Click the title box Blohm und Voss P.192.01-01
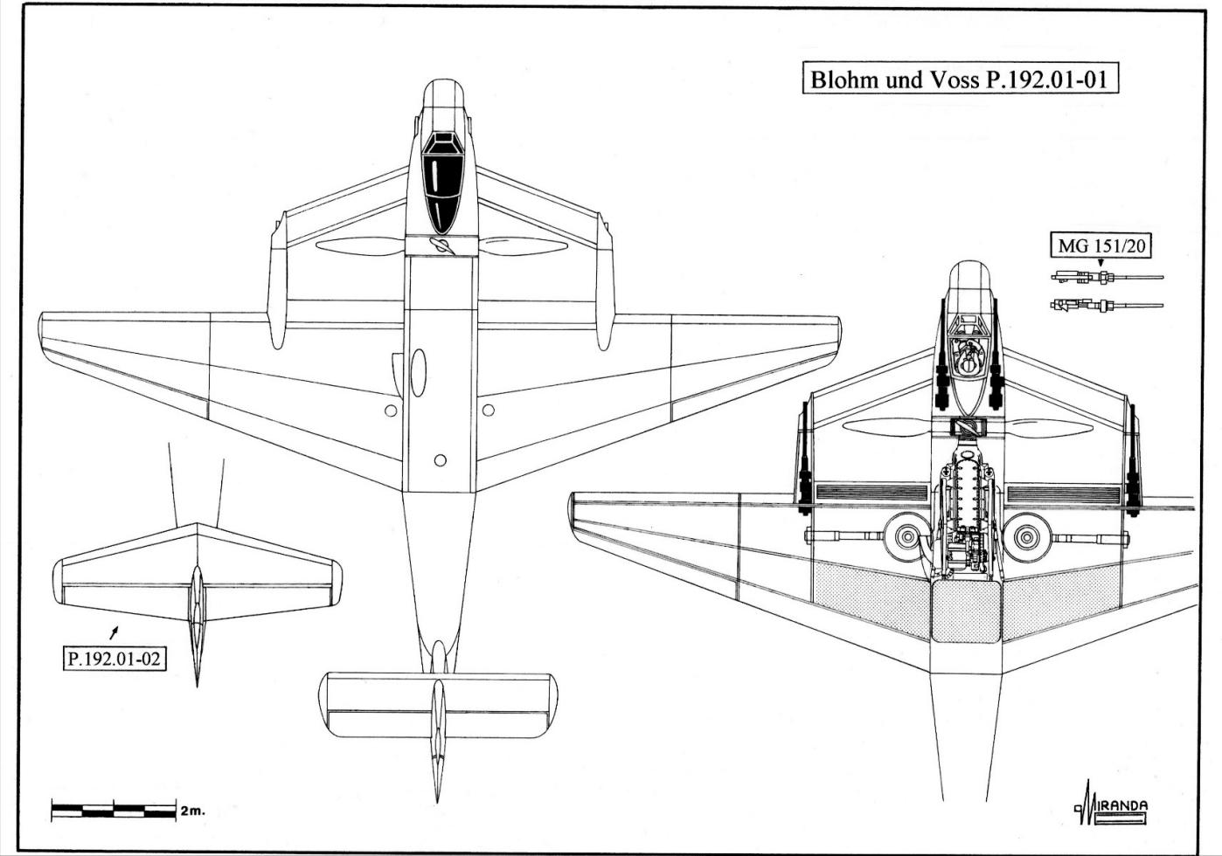point(960,79)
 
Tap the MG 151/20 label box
point(1101,246)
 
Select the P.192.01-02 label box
point(114,659)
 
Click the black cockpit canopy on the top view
point(442,183)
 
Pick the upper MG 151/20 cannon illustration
point(1107,276)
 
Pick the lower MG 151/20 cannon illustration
point(1107,305)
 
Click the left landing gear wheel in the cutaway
point(907,537)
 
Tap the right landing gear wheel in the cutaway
point(1027,537)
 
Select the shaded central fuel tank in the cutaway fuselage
point(966,611)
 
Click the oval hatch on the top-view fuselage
point(418,373)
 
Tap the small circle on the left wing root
point(391,411)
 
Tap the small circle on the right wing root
point(489,410)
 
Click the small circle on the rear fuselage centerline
point(441,460)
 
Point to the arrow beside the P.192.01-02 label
point(114,632)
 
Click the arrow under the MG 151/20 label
point(1100,263)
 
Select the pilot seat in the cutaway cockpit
point(968,362)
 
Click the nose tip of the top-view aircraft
point(443,79)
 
